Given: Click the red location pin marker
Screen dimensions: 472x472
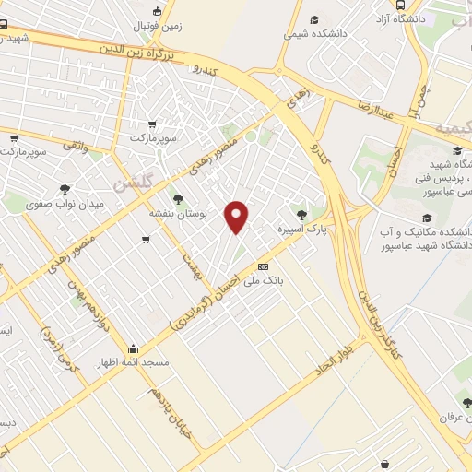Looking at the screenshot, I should tap(238, 217).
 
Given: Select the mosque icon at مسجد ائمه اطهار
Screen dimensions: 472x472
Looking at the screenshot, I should tap(134, 349).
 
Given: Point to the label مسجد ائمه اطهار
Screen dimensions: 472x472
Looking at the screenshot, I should tap(135, 362).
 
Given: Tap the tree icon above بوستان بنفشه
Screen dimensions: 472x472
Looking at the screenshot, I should tap(177, 198).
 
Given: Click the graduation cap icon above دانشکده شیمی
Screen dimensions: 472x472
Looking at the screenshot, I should tap(314, 19).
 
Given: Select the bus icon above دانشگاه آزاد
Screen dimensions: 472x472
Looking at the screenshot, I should tap(399, 5).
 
